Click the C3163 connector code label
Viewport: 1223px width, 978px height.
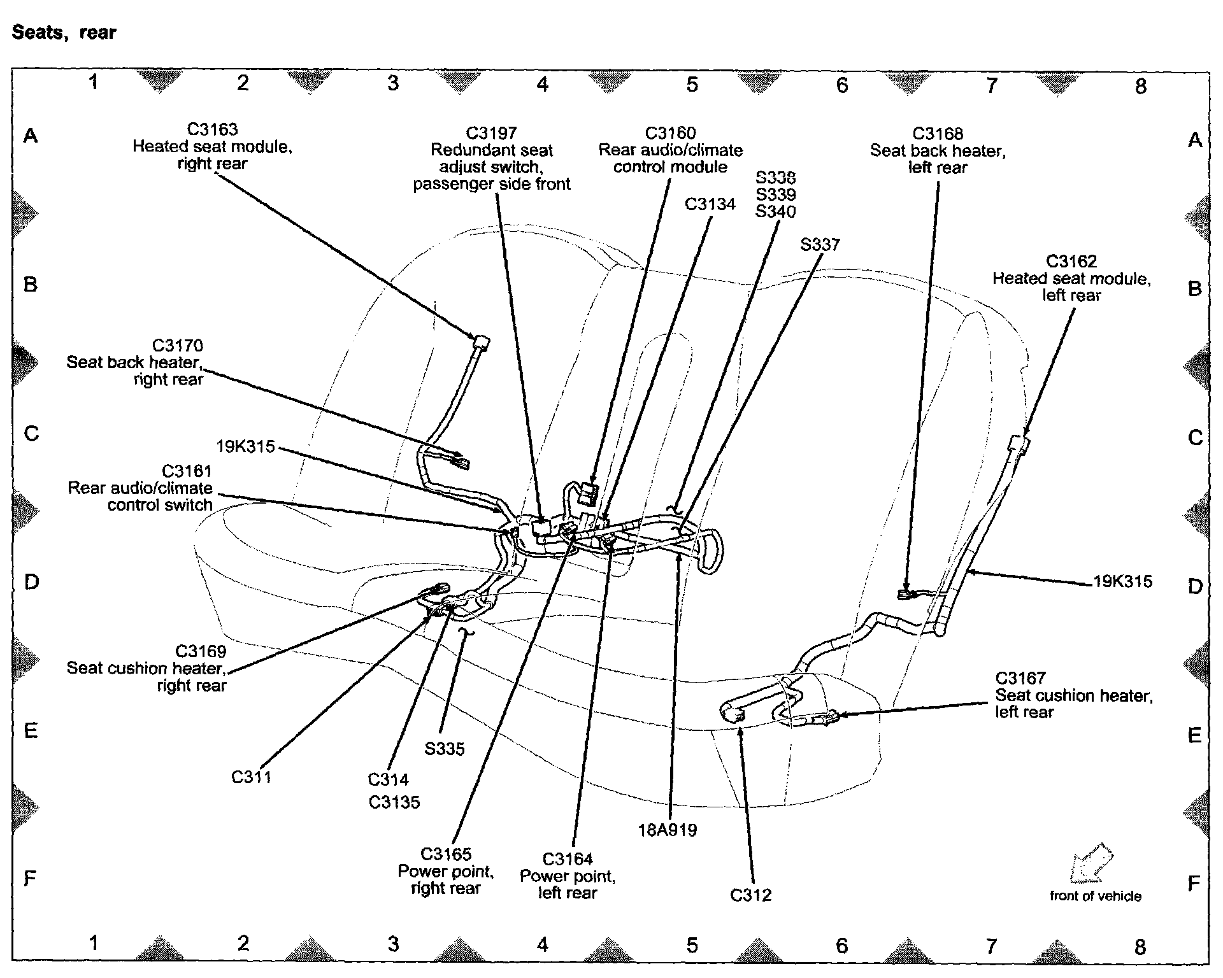tap(212, 129)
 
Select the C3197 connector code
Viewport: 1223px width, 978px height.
tap(491, 133)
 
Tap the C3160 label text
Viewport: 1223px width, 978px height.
tap(670, 133)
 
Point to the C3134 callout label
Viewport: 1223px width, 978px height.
tap(710, 204)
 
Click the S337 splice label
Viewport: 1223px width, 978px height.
tap(820, 244)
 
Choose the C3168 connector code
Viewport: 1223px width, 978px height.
tap(937, 134)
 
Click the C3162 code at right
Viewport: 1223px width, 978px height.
tap(1071, 262)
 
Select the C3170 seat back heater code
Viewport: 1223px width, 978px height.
tap(177, 346)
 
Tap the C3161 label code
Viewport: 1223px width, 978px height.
tap(186, 471)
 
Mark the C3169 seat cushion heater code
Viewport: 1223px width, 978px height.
tap(201, 651)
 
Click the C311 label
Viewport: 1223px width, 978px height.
tap(251, 777)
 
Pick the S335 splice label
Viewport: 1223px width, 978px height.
tap(444, 749)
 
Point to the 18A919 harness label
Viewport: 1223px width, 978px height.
tap(667, 830)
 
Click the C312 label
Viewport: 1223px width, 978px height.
tap(750, 895)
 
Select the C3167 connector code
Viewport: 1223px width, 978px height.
tap(1020, 678)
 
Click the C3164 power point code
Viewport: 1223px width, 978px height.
tap(568, 859)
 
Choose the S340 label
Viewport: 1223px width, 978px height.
tap(775, 211)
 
